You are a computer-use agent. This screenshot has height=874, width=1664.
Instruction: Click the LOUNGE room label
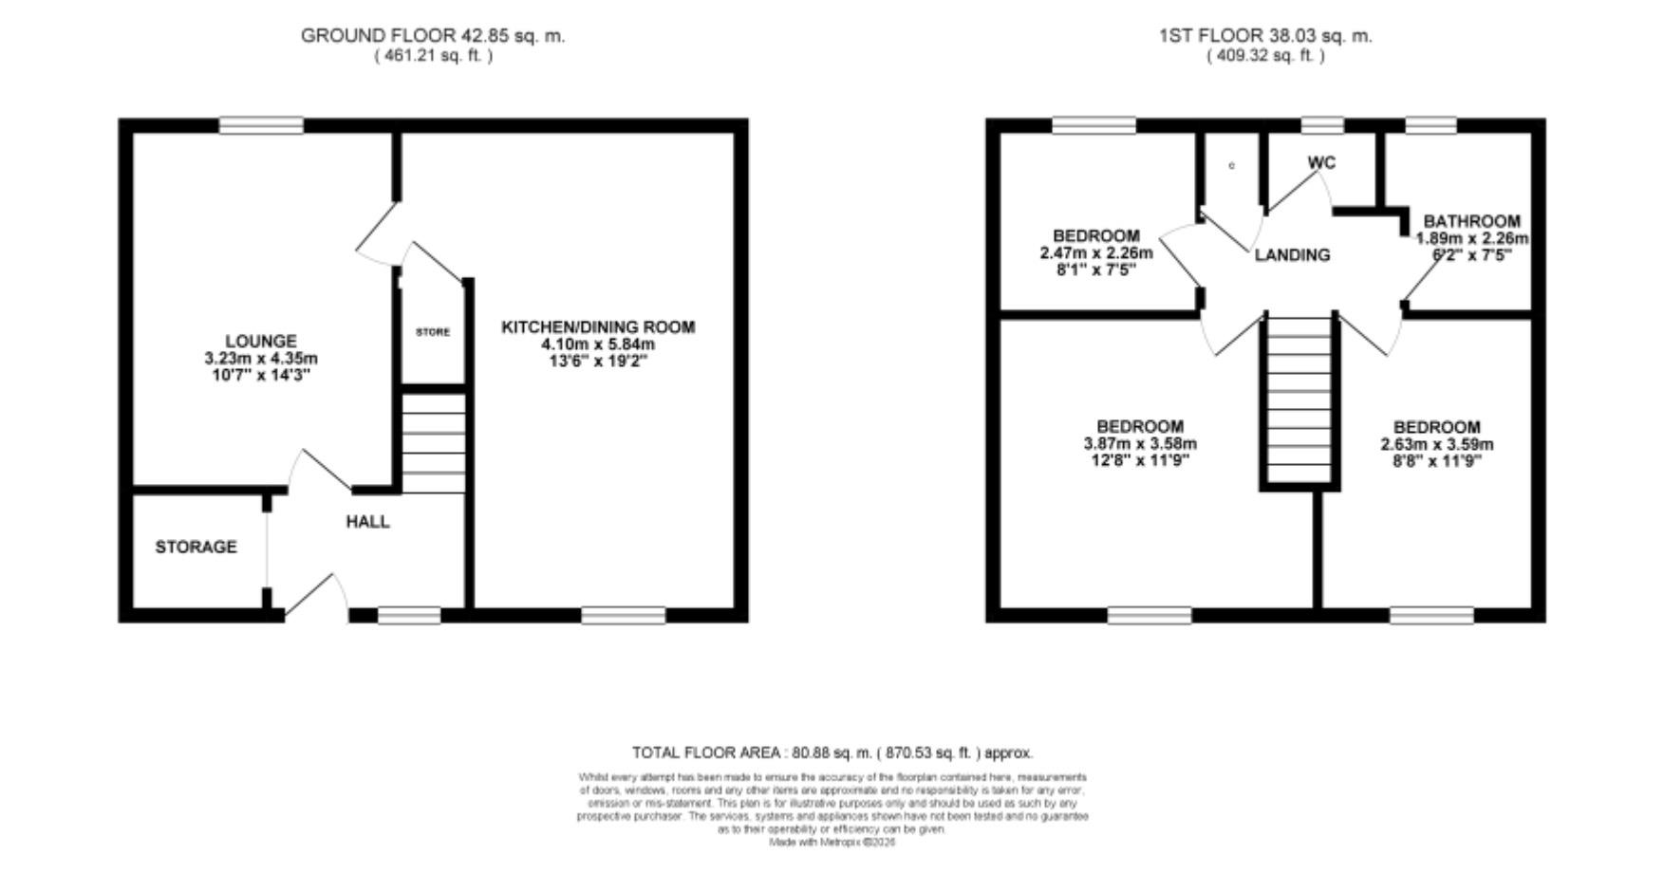coord(260,341)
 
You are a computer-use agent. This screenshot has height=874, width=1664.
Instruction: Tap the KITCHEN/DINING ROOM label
coord(598,327)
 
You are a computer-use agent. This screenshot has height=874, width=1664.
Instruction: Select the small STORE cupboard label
coord(433,332)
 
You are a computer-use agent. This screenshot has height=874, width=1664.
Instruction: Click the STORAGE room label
coord(196,548)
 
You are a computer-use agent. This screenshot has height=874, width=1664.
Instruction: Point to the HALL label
coord(367,522)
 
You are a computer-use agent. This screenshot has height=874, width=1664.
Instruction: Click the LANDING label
coord(1292,255)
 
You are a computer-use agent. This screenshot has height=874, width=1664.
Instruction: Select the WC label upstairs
coord(1321,163)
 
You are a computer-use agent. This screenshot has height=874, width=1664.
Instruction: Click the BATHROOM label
coord(1471,221)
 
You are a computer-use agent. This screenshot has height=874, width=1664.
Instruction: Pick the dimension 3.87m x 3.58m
coord(1140,444)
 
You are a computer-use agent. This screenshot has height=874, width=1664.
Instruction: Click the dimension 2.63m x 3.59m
coord(1436,444)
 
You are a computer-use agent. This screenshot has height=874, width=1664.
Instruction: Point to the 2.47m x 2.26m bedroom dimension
coord(1096,253)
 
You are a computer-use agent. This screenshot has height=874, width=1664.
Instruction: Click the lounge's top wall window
coord(261,125)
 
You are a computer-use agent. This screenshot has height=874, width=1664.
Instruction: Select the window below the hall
coord(409,616)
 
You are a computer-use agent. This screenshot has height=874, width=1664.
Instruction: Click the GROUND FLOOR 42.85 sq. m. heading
coord(433,36)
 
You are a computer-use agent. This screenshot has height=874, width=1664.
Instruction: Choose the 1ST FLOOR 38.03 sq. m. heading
coord(1265,36)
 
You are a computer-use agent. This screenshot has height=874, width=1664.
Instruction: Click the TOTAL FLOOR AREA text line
coord(832,753)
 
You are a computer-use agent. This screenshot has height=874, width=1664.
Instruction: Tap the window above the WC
coord(1321,125)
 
